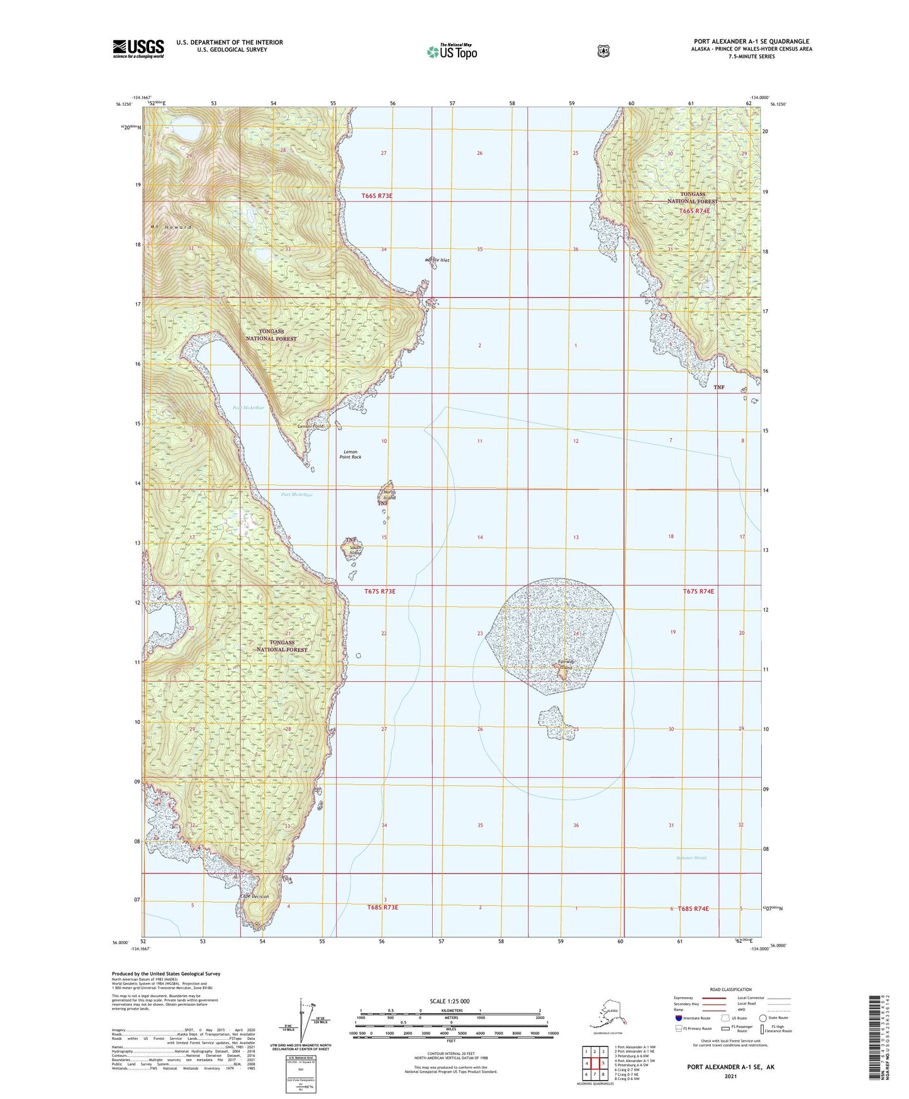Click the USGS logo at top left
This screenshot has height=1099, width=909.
(x=138, y=48)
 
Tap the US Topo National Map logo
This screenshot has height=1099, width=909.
(x=451, y=52)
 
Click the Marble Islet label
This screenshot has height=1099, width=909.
(x=437, y=260)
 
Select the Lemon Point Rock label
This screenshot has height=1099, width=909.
(x=350, y=454)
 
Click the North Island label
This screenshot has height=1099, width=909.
(x=390, y=495)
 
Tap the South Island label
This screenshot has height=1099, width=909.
(x=356, y=550)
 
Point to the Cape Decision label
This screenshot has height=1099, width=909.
(x=254, y=896)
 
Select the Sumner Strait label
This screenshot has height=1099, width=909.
(x=691, y=858)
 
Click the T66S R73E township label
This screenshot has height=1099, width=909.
(x=377, y=196)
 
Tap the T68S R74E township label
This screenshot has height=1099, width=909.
(x=693, y=908)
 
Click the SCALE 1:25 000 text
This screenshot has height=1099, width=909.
(x=449, y=1001)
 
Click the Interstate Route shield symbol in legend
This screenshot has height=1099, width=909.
(x=678, y=1018)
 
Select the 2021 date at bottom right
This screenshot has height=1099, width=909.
(x=730, y=1076)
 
